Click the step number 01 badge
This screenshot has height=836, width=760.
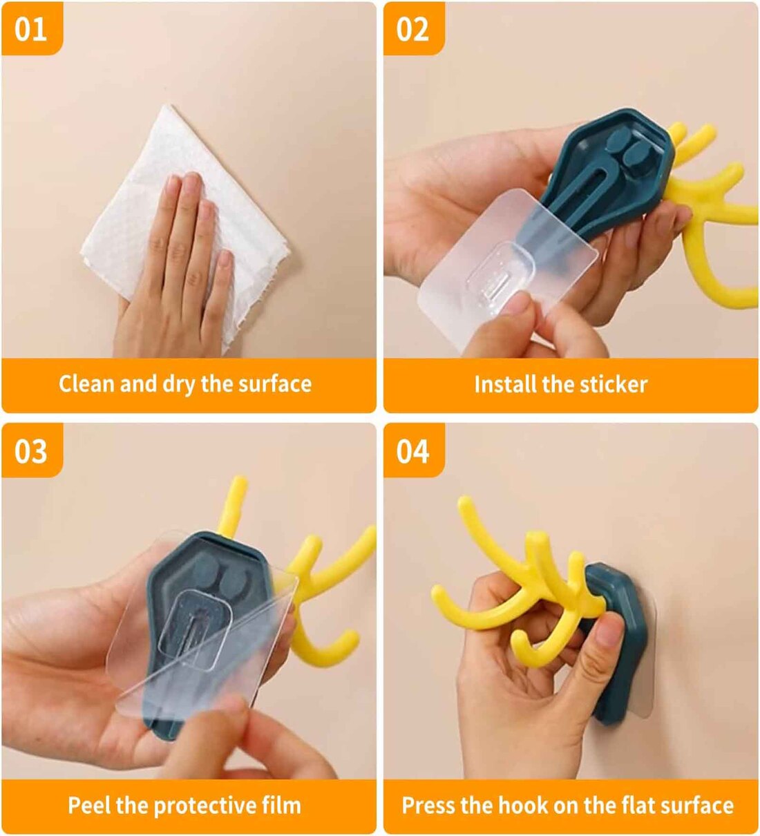pos(31,29)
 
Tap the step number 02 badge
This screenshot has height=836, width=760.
pos(413,29)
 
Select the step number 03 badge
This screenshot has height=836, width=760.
pos(31,451)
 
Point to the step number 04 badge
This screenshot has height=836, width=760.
pos(413,451)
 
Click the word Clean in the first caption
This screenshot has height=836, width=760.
pos(87,383)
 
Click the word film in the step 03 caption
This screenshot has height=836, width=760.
pos(281,805)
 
